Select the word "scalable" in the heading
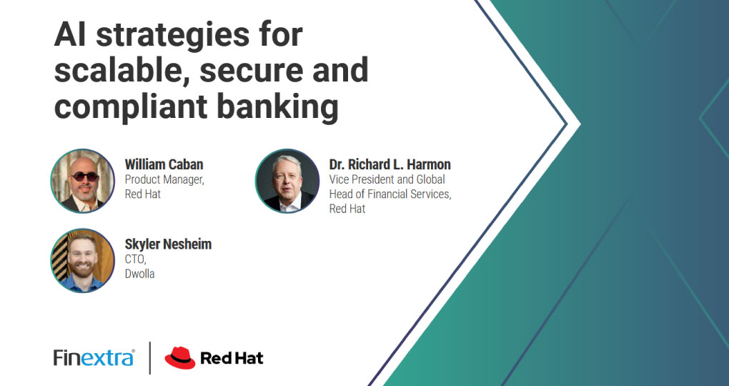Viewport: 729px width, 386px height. click(x=121, y=70)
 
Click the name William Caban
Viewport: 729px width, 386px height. click(x=164, y=164)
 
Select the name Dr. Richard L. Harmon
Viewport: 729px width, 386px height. click(x=390, y=164)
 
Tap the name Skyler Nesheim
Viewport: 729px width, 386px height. click(x=168, y=244)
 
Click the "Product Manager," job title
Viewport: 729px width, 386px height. click(x=164, y=179)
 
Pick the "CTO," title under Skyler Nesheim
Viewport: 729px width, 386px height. click(x=135, y=259)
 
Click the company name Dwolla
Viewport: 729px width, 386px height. click(x=139, y=274)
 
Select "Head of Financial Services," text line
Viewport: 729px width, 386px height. click(x=390, y=194)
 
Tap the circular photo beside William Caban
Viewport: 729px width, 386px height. click(x=83, y=181)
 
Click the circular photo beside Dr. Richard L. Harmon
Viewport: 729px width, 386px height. click(x=287, y=181)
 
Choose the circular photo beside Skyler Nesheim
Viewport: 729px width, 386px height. click(x=83, y=260)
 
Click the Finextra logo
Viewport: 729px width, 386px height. click(x=94, y=357)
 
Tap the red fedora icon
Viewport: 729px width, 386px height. click(x=180, y=357)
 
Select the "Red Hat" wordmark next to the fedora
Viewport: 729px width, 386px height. click(x=232, y=358)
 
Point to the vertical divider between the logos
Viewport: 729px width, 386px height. click(x=149, y=357)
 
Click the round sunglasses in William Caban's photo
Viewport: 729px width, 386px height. click(x=84, y=177)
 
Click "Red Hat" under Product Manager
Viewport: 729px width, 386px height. click(x=143, y=194)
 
